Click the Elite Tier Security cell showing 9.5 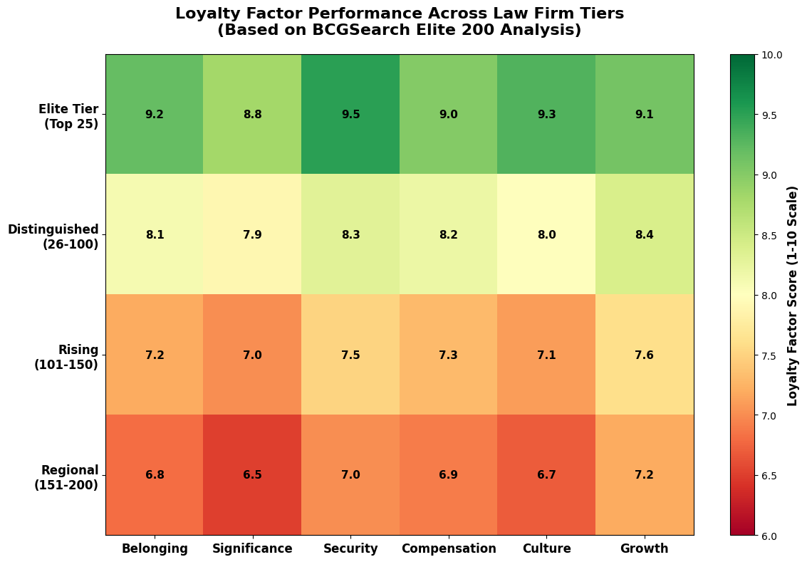click(350, 114)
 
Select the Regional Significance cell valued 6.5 click(252, 475)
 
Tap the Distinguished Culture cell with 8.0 click(546, 234)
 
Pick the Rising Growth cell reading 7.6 click(645, 355)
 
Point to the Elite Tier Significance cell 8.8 click(252, 114)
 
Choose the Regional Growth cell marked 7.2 click(645, 475)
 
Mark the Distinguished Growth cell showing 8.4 click(645, 234)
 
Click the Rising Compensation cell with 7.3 click(449, 355)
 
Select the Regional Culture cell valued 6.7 click(546, 475)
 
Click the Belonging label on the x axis click(155, 548)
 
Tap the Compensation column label click(449, 548)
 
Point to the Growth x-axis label click(645, 548)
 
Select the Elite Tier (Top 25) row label click(68, 117)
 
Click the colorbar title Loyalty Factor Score click(793, 296)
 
